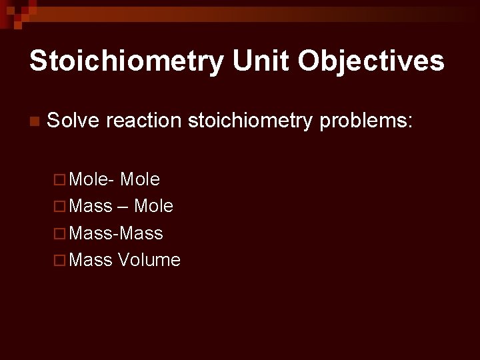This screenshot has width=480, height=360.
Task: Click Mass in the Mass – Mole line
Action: [x=90, y=207]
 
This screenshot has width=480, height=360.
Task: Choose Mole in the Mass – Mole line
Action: [x=153, y=207]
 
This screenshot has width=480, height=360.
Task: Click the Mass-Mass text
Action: [x=115, y=233]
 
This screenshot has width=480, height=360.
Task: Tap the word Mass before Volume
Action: [x=90, y=260]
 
